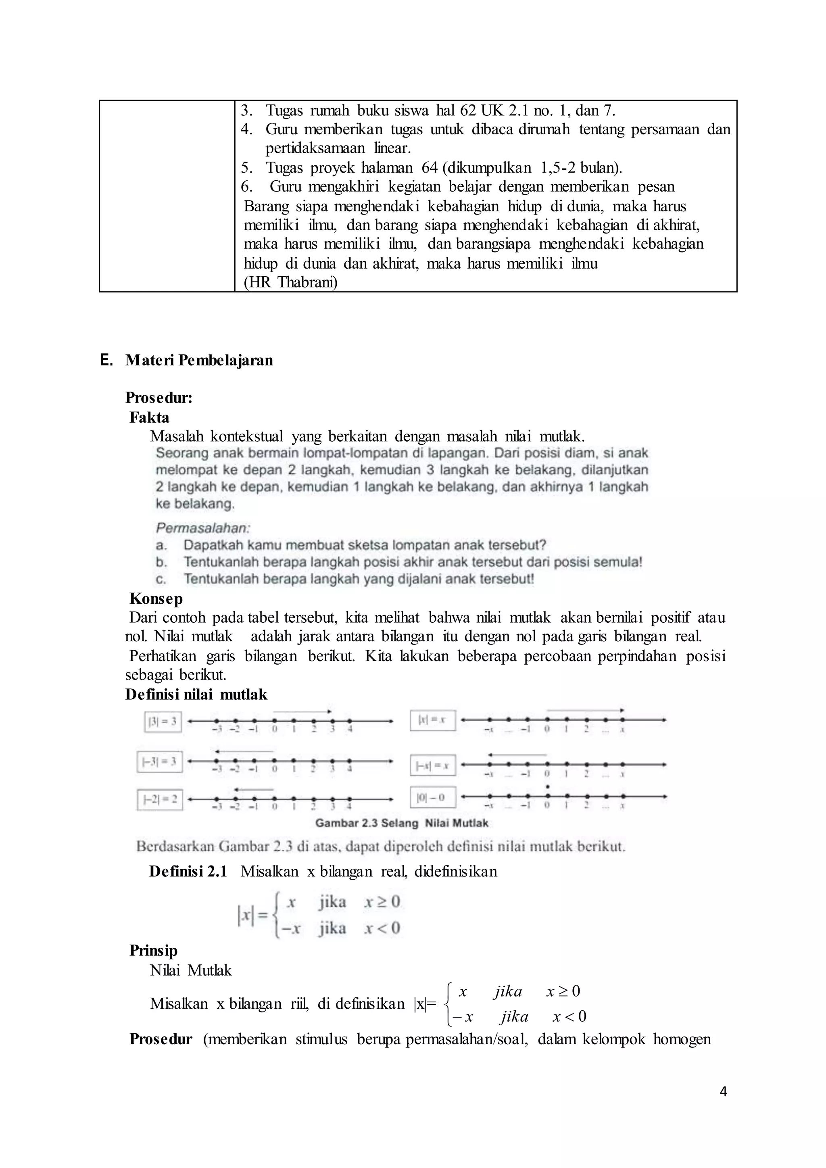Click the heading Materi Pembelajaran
[x=199, y=360]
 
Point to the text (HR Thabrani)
[x=290, y=282]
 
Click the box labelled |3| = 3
[x=163, y=722]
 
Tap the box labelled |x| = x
[x=432, y=720]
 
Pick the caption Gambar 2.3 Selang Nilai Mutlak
[x=402, y=823]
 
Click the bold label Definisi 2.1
[x=188, y=872]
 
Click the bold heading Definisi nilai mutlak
[x=196, y=695]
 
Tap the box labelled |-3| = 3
[x=160, y=761]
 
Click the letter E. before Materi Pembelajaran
[x=106, y=360]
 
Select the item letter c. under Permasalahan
[x=161, y=579]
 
